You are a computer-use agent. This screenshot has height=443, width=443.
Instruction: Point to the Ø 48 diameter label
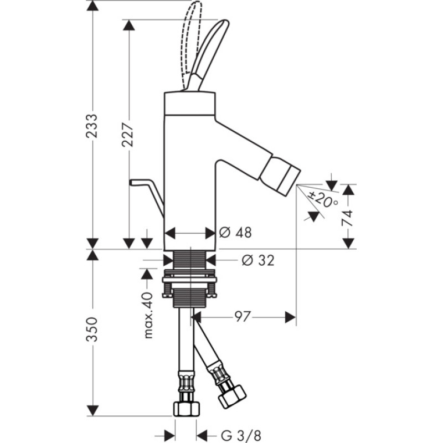click(x=235, y=233)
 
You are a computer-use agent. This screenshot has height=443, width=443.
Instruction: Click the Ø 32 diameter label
click(x=258, y=260)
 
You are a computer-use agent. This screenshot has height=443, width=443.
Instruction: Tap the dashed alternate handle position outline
click(x=192, y=33)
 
